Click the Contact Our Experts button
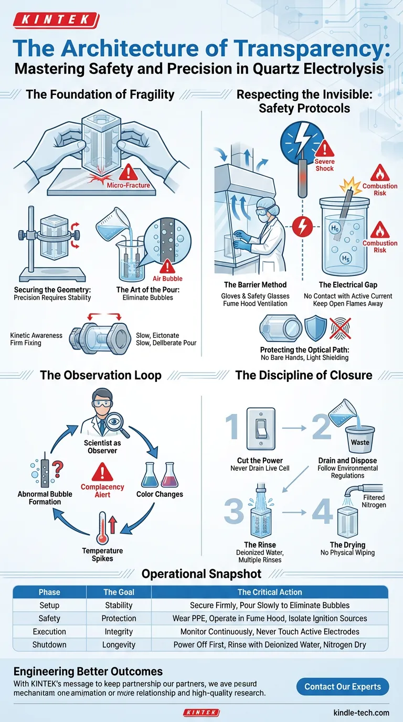343,687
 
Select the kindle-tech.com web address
361,712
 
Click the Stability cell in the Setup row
119,605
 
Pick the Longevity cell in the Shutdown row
119,644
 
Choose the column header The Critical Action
270,592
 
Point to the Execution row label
49,631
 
